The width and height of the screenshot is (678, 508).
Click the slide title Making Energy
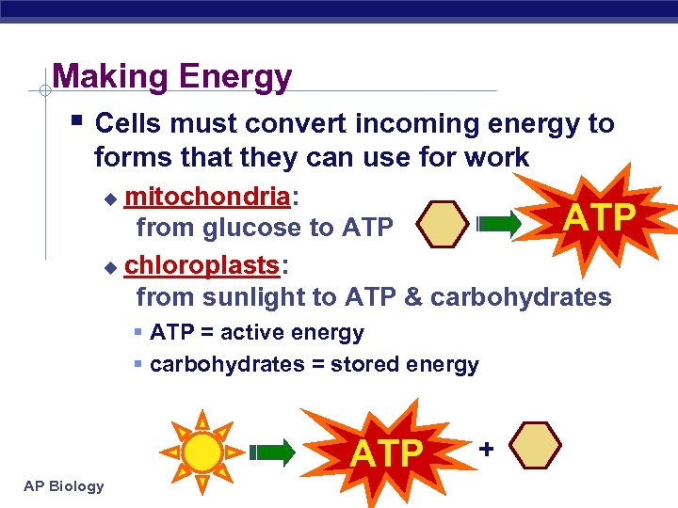tap(171, 76)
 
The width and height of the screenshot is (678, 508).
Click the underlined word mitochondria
tap(207, 197)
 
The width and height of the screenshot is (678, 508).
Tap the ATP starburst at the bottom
tap(386, 452)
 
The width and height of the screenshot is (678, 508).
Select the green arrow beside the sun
tap(275, 452)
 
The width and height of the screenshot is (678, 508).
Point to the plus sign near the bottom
tap(485, 449)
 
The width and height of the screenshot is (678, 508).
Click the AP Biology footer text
tap(65, 485)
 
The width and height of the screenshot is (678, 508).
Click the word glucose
tap(252, 228)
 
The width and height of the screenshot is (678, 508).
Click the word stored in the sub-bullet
tap(334, 364)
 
